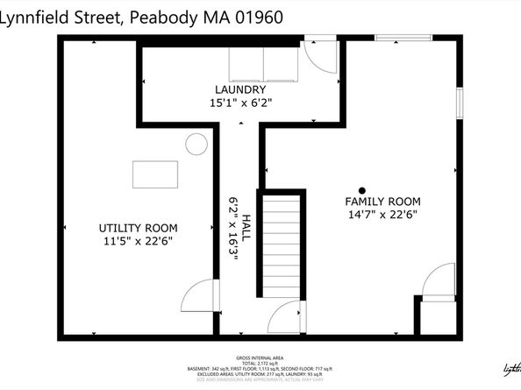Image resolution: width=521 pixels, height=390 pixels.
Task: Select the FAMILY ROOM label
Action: [x=382, y=200]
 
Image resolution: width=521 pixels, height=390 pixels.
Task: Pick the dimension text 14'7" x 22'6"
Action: [x=382, y=213]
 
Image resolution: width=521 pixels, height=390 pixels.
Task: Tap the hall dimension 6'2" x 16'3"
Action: [x=234, y=227]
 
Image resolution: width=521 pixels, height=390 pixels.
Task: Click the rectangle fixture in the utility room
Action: [x=155, y=174]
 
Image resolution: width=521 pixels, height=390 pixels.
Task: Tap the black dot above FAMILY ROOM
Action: [x=361, y=188]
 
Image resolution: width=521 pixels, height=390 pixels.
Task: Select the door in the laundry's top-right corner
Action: [x=322, y=54]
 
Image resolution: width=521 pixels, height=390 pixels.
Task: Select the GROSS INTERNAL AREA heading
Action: [x=260, y=357]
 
